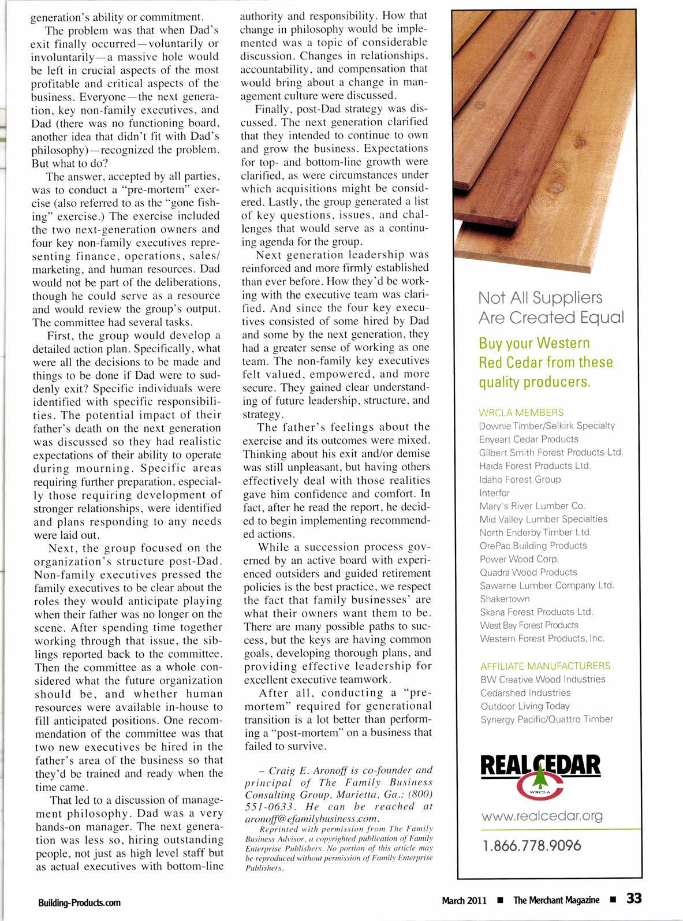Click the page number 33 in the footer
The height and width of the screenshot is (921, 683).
pyautogui.click(x=633, y=898)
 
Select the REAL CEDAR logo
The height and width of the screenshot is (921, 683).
pyautogui.click(x=542, y=776)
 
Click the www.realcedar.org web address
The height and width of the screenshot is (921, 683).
pyautogui.click(x=542, y=815)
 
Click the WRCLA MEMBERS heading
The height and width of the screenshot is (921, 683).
pyautogui.click(x=521, y=412)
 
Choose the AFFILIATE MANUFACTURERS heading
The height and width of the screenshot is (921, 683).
pyautogui.click(x=545, y=666)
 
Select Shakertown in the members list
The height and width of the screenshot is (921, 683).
pyautogui.click(x=505, y=599)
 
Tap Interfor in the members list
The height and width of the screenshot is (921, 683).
pyautogui.click(x=495, y=493)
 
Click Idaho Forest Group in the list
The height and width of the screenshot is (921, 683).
pyautogui.click(x=520, y=479)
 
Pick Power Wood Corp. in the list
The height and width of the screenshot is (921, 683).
pyautogui.click(x=519, y=559)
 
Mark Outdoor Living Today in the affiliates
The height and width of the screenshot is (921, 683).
pyautogui.click(x=525, y=706)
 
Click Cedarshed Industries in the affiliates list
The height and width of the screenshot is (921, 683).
pyautogui.click(x=525, y=692)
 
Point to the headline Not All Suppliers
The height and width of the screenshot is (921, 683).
pyautogui.click(x=540, y=298)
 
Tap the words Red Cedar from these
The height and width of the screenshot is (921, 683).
pyautogui.click(x=546, y=363)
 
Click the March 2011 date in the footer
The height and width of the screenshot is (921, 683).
pyautogui.click(x=464, y=900)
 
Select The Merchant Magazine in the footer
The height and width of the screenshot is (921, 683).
pyautogui.click(x=556, y=900)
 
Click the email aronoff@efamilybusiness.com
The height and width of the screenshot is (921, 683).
pyautogui.click(x=312, y=819)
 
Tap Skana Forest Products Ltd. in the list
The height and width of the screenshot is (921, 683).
pyautogui.click(x=536, y=612)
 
